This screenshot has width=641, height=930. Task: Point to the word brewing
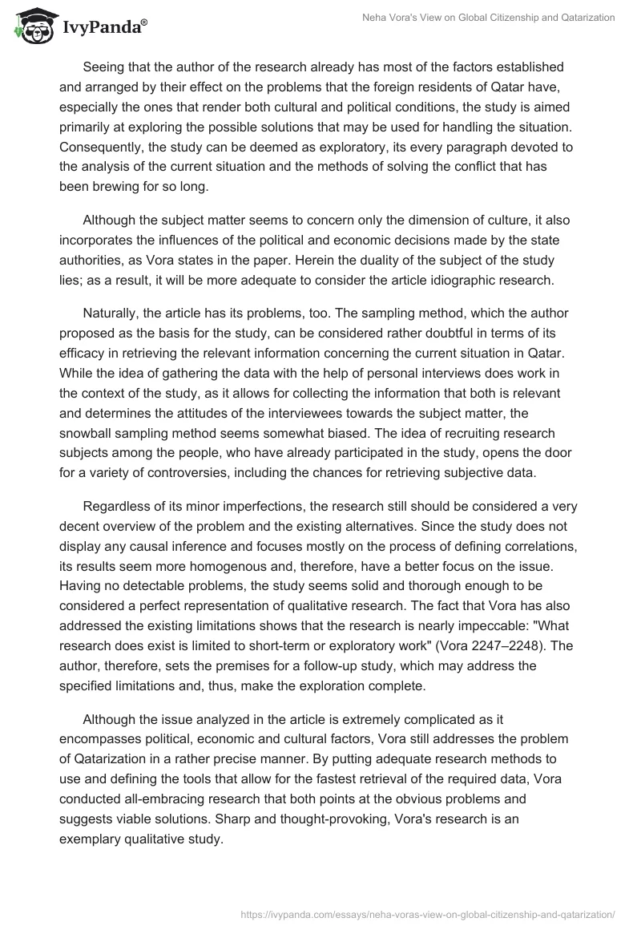120,187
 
